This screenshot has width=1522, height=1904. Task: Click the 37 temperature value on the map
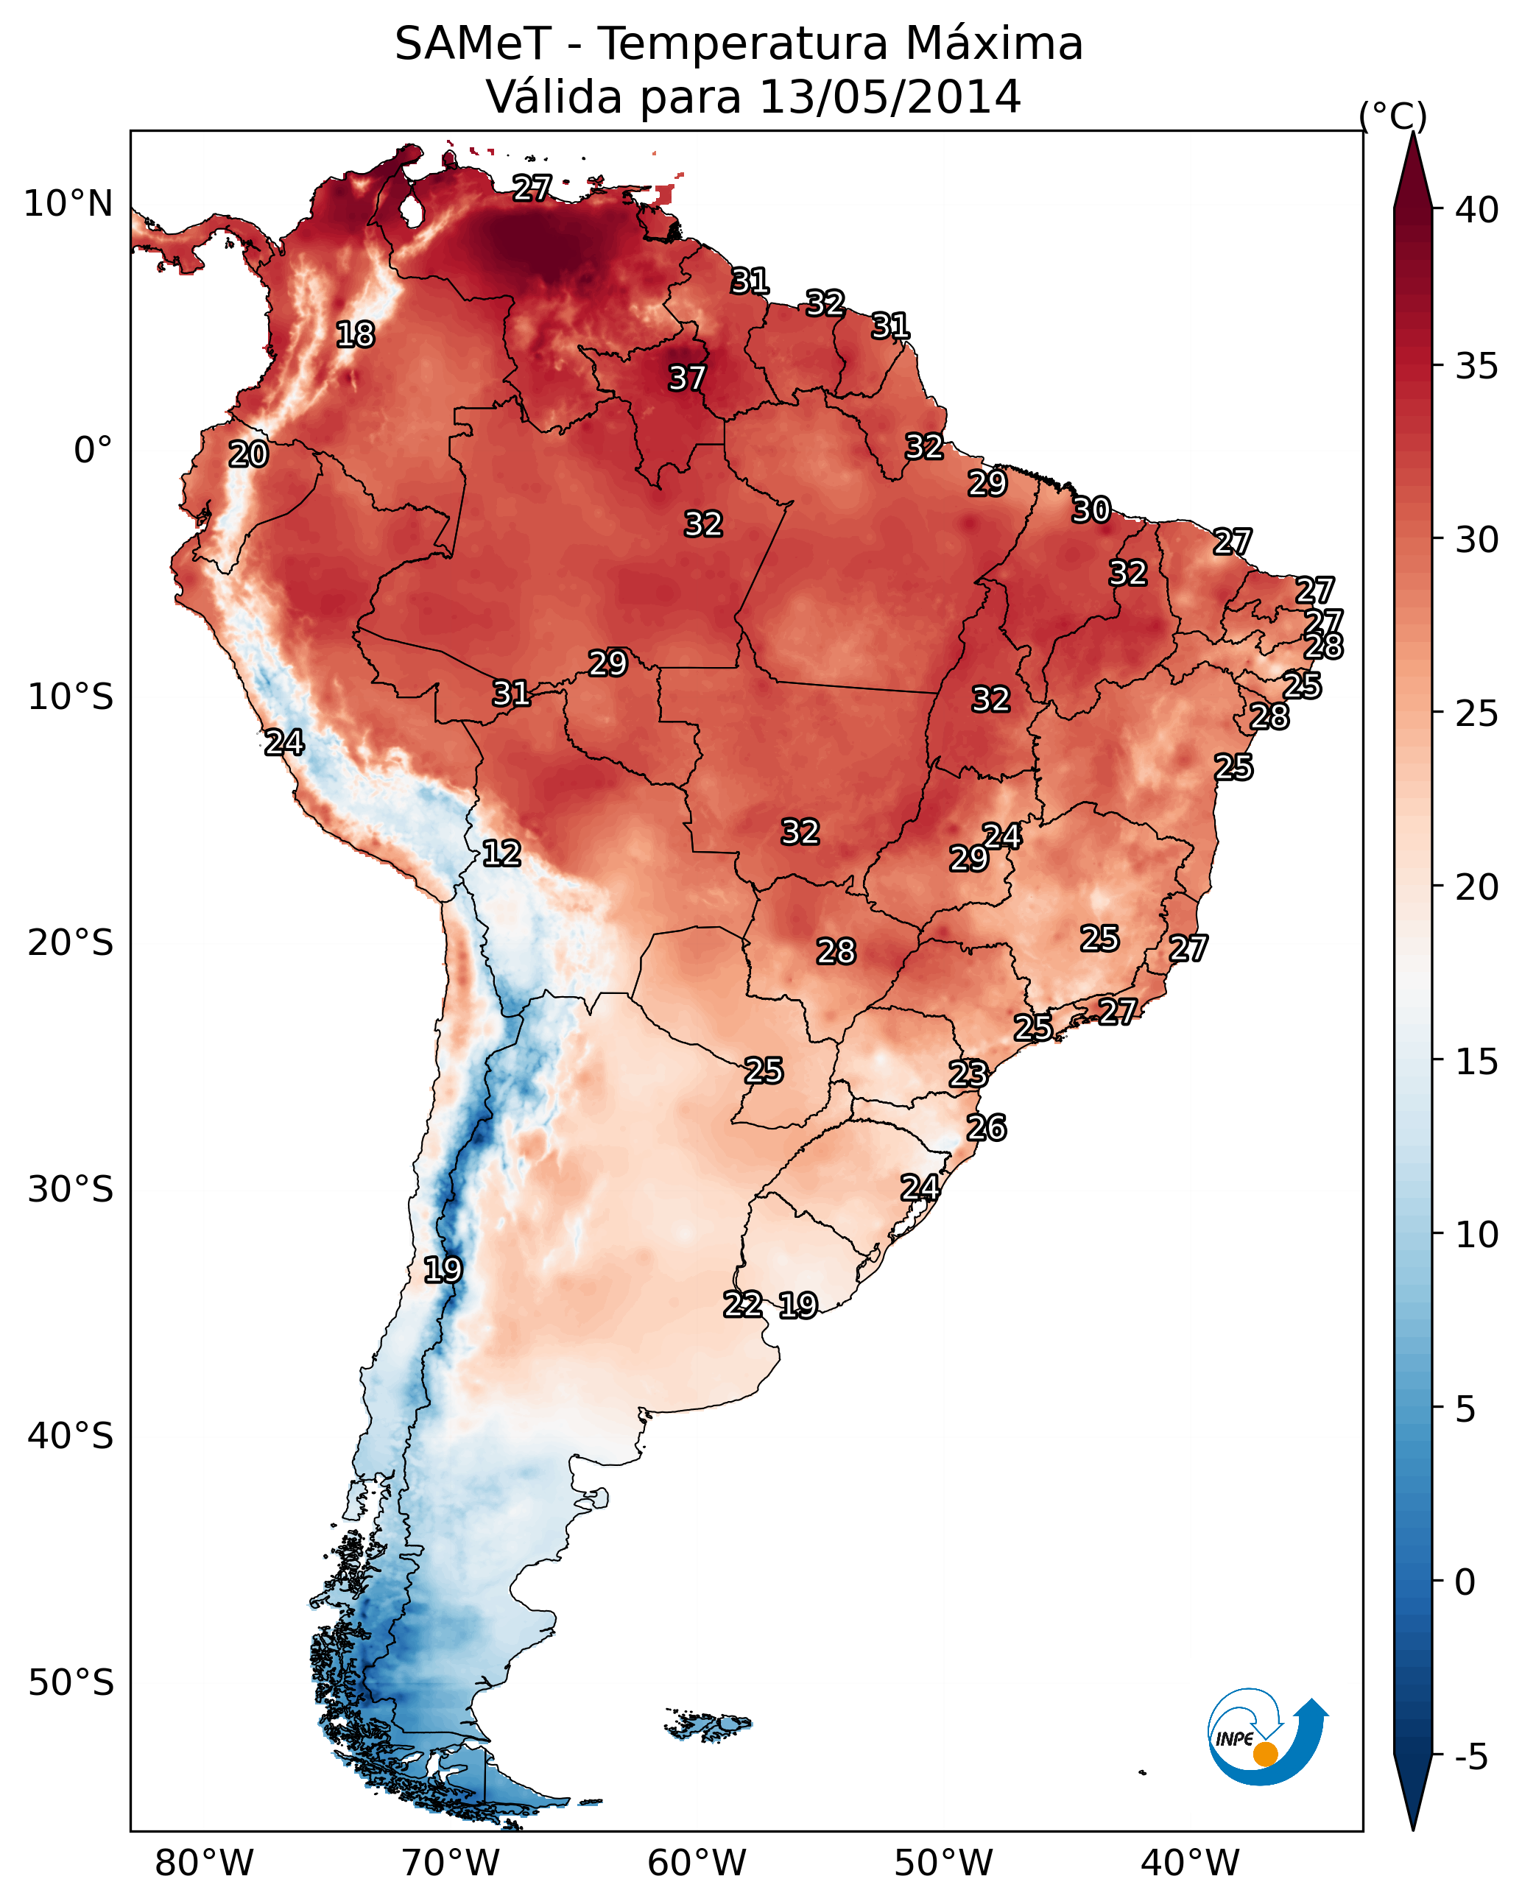click(686, 378)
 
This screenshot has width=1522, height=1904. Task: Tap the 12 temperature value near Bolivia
click(501, 853)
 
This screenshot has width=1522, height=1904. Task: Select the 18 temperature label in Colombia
click(355, 335)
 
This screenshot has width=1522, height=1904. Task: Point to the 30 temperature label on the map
click(1091, 510)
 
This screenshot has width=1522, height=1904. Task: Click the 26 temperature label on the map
click(986, 1128)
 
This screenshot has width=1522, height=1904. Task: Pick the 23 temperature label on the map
click(968, 1074)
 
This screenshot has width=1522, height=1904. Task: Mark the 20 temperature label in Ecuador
click(248, 455)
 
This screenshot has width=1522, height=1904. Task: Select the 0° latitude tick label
click(94, 451)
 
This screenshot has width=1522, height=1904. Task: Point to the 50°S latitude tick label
click(71, 1683)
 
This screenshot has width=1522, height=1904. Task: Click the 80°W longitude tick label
click(204, 1863)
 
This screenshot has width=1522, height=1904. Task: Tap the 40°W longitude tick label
click(1190, 1863)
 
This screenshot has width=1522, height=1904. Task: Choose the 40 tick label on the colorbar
click(1477, 210)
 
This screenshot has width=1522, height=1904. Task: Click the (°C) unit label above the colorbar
click(1393, 116)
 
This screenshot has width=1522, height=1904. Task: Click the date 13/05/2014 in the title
click(889, 96)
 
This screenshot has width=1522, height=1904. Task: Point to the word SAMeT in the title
click(473, 44)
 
